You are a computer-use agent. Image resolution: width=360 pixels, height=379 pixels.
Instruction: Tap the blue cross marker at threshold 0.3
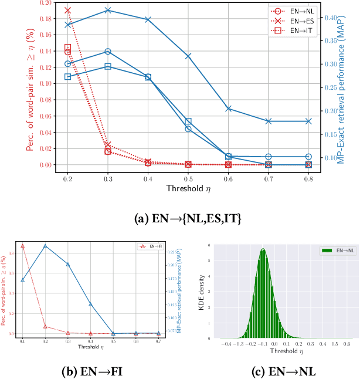pos(108,11)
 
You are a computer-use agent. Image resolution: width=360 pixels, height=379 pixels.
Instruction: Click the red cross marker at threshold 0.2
pos(68,11)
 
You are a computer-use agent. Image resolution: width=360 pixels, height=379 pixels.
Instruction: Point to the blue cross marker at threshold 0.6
pos(229,109)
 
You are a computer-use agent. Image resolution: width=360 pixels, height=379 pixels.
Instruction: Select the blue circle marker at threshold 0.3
pos(108,52)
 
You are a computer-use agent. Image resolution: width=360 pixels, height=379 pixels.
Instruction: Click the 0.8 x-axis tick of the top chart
pos(309,178)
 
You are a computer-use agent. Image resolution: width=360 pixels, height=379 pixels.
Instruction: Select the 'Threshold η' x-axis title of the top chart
pos(188,189)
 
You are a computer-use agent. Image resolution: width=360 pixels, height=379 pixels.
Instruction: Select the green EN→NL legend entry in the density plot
pos(339,250)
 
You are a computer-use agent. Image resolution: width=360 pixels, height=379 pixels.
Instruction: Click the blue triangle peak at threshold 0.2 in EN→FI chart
pos(45,246)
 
